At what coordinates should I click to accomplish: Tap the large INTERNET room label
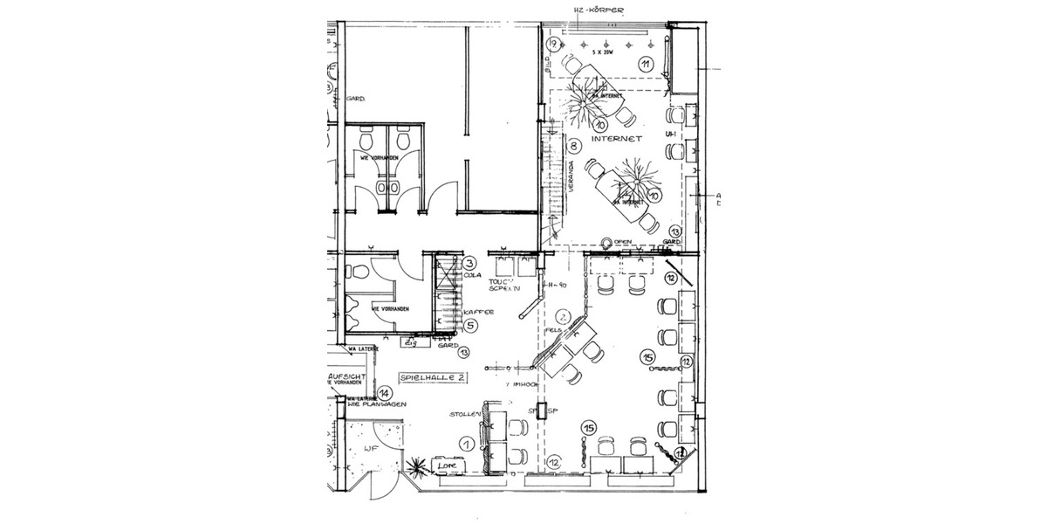click(x=617, y=139)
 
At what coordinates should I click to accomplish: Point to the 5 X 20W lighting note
click(x=602, y=53)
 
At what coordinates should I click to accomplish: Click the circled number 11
click(x=646, y=64)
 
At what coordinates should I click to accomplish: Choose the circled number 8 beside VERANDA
click(x=575, y=146)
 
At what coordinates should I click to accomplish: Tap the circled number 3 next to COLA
click(x=469, y=263)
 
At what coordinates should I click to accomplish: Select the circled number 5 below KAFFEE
click(x=469, y=326)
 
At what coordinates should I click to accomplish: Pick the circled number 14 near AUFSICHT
click(x=384, y=393)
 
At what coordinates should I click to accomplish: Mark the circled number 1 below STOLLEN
click(x=467, y=444)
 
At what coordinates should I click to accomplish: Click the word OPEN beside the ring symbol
click(x=622, y=242)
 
